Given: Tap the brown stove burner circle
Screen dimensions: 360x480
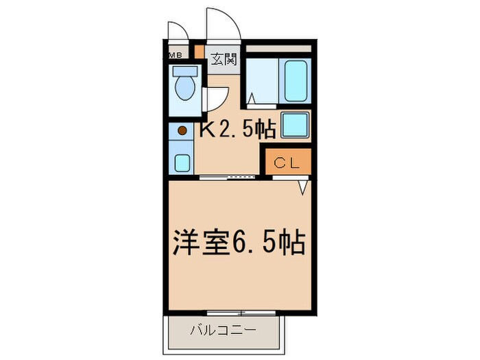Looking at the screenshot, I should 182,130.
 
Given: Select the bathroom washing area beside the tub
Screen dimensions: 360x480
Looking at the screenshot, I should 261,81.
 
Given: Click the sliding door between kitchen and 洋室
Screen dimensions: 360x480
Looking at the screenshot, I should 232,178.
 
